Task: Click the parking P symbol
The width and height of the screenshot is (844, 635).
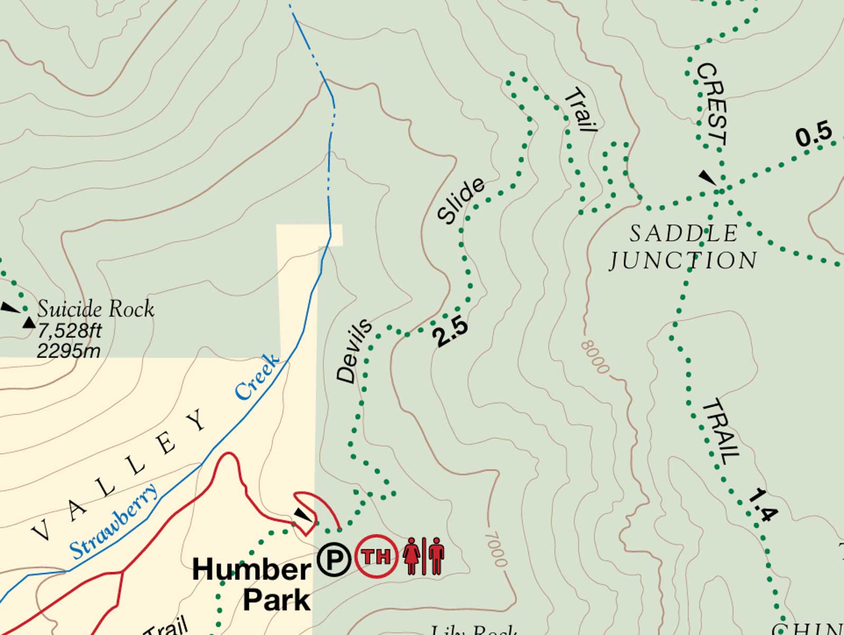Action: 334,559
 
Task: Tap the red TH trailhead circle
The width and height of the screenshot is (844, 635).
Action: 376,556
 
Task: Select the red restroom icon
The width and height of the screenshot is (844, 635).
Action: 424,556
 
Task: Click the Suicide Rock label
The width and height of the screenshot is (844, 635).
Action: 96,309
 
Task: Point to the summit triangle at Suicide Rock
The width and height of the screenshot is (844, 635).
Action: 29,322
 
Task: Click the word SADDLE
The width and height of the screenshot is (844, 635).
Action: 684,233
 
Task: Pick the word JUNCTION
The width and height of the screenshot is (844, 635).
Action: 684,260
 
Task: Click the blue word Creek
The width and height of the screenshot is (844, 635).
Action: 257,377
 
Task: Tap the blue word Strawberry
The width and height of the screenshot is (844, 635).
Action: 114,522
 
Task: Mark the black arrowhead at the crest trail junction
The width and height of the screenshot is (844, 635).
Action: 707,177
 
